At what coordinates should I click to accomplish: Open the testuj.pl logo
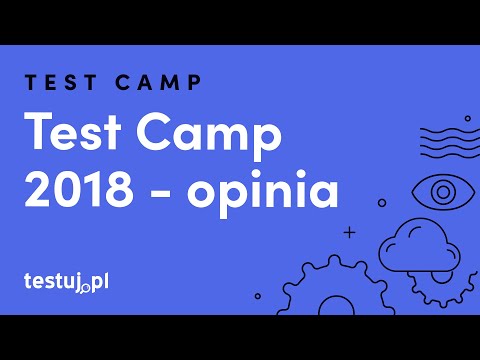(x=66, y=281)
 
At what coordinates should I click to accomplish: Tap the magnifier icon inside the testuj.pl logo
(x=87, y=287)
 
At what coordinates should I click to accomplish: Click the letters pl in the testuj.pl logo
(x=100, y=280)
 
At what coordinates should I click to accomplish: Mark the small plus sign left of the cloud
(x=349, y=232)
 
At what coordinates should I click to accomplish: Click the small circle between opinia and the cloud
(x=382, y=202)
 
